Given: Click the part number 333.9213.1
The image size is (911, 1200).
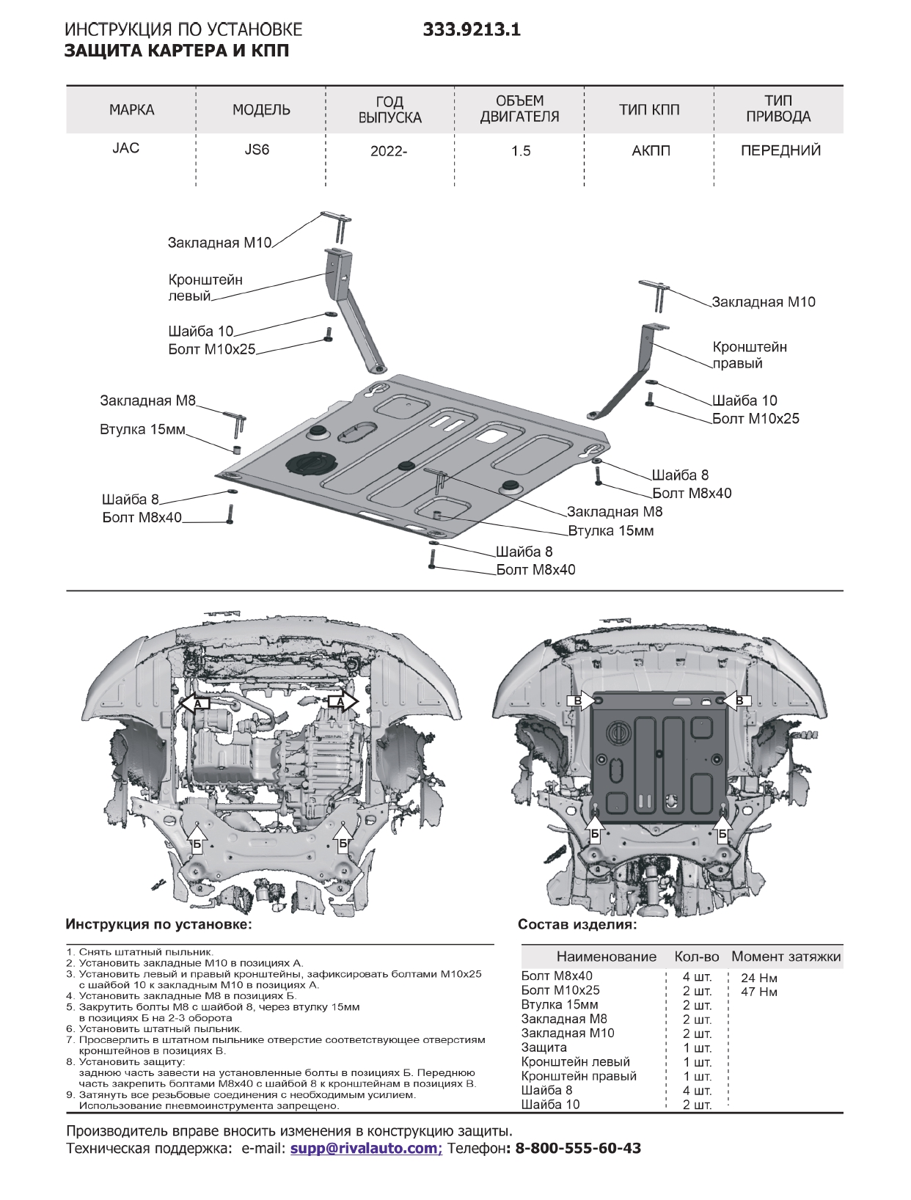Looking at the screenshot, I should (472, 29).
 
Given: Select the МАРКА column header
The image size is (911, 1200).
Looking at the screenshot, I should (131, 110).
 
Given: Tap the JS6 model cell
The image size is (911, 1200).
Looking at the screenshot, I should (257, 150).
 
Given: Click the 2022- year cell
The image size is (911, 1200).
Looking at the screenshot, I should (388, 151).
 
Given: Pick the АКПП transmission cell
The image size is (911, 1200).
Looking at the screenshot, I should (650, 151).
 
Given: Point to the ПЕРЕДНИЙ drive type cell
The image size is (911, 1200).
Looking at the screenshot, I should (780, 151).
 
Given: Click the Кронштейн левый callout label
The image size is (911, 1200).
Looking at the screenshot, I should (205, 288).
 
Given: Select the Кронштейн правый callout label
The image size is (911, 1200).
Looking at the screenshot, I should (749, 355).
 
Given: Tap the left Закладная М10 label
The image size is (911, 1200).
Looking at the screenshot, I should (219, 243).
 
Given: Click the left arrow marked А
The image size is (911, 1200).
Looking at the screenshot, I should (195, 703).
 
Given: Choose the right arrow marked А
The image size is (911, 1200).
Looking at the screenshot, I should (342, 702).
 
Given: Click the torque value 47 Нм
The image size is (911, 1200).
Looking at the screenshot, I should (758, 992).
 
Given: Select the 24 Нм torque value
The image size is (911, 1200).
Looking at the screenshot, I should (758, 978).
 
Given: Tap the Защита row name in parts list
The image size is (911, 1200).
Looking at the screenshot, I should (544, 1047).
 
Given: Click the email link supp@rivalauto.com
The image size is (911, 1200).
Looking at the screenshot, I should (365, 1148).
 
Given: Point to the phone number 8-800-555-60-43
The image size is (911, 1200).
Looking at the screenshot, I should (578, 1148).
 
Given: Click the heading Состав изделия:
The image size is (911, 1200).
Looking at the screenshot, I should (577, 925).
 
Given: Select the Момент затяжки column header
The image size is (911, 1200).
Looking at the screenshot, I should (786, 956).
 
